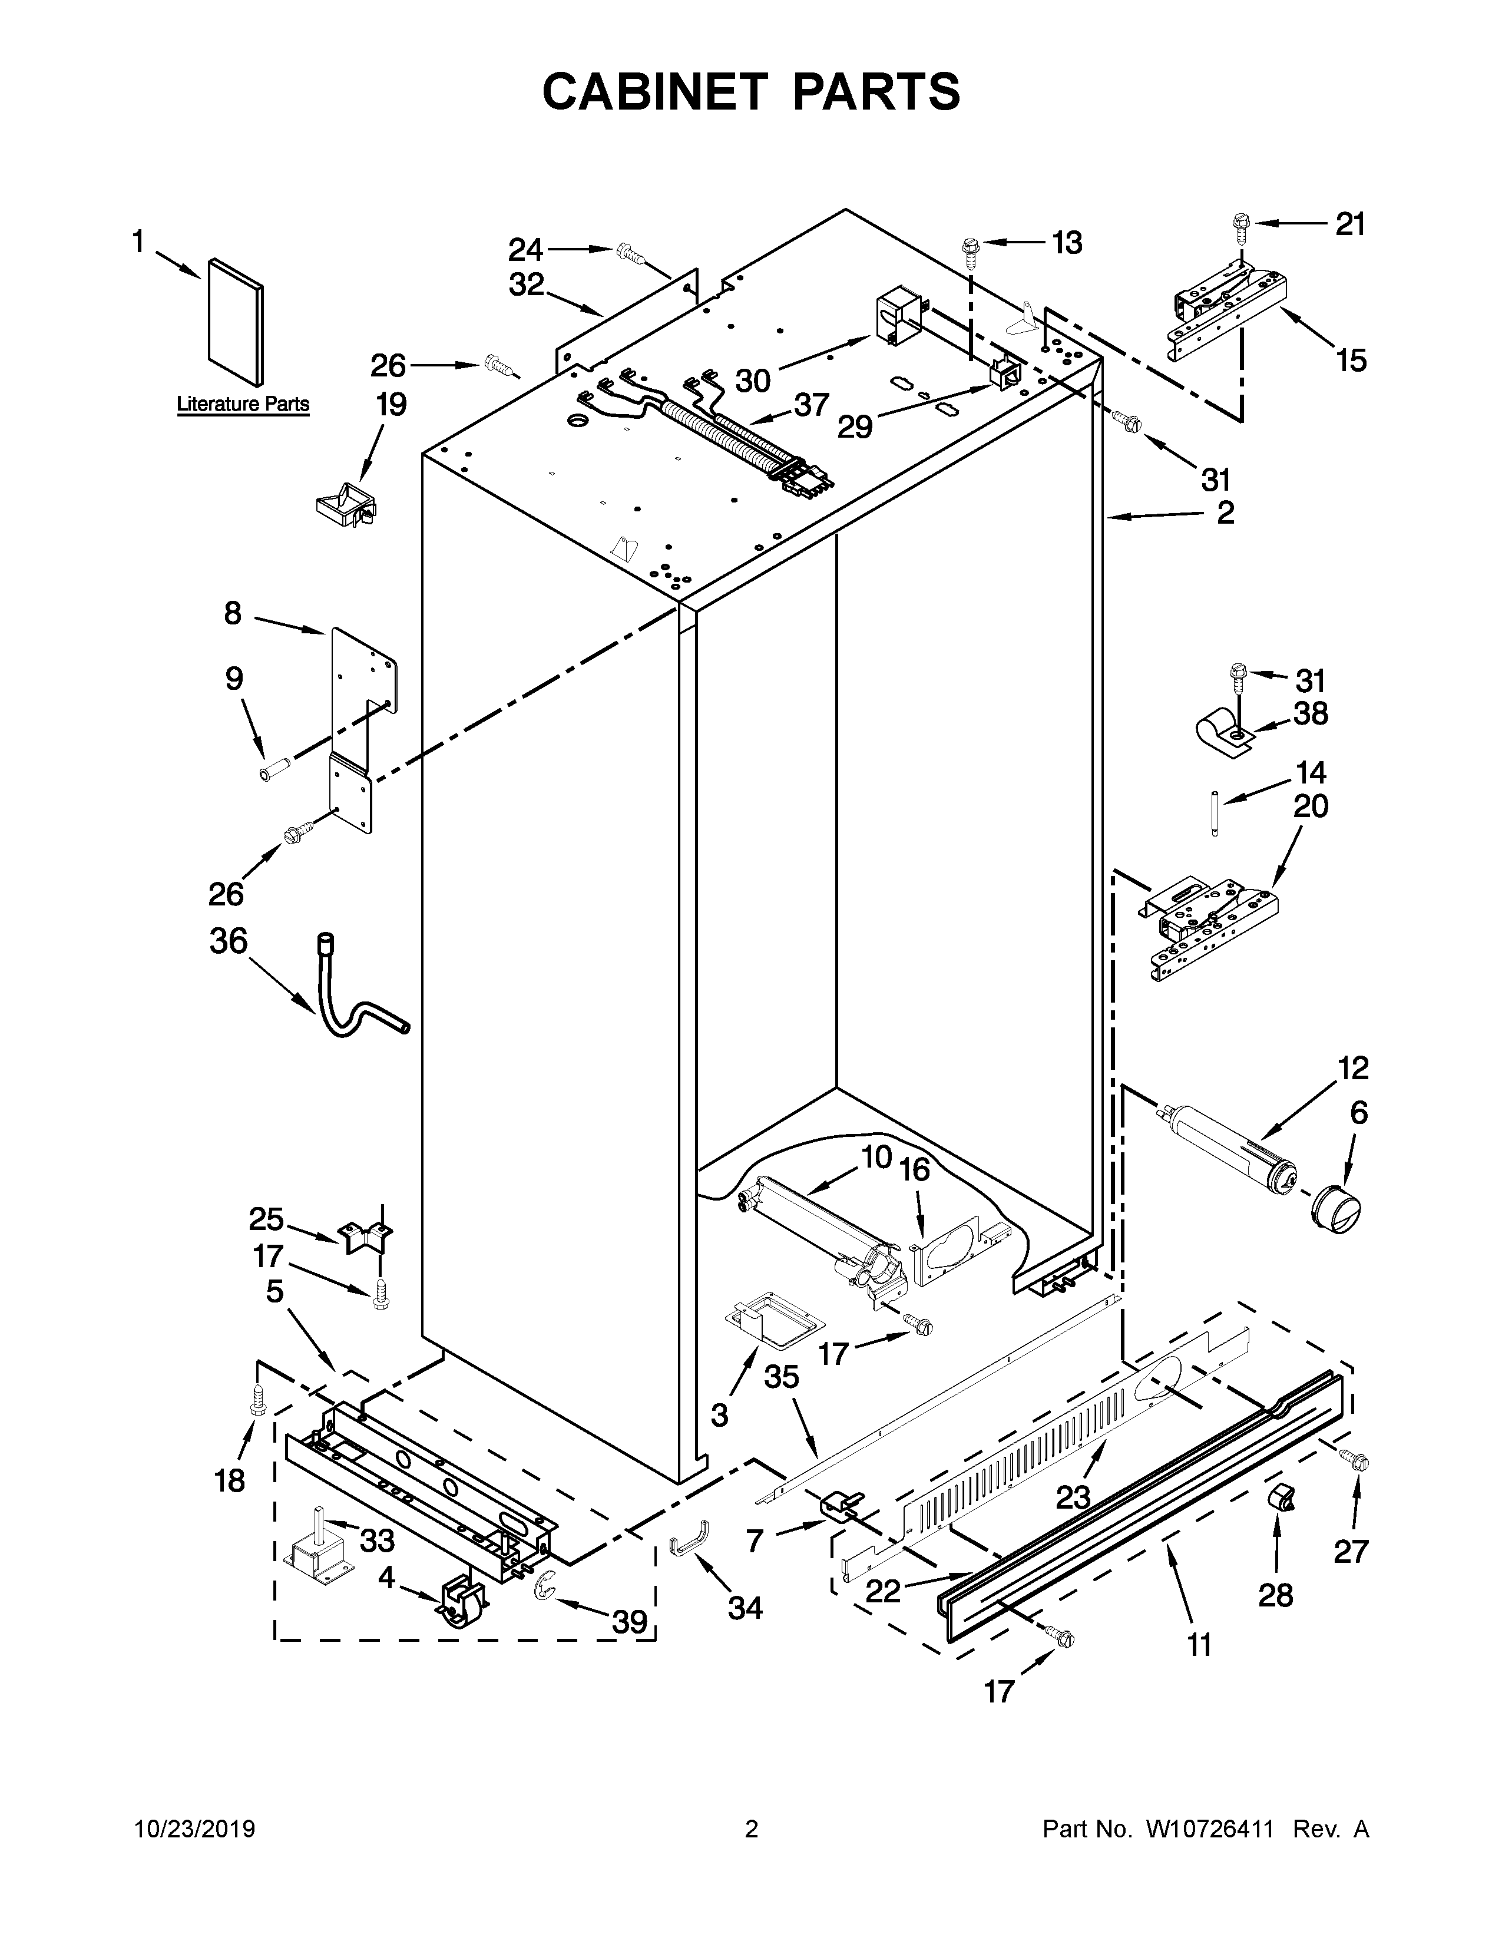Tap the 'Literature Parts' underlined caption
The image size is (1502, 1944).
tap(243, 404)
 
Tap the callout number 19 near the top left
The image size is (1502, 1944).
tap(391, 405)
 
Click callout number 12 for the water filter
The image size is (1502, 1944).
tap(1352, 1067)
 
